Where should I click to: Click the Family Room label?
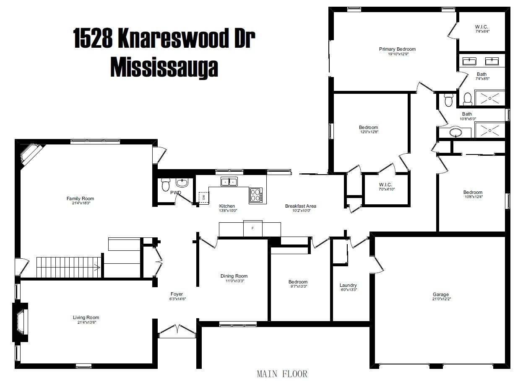tap(81, 198)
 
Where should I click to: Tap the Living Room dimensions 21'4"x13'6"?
tap(87, 322)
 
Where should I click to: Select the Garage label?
tap(440, 294)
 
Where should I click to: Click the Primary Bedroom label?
tap(397, 49)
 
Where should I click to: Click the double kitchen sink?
tap(229, 181)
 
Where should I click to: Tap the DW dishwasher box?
tap(203, 198)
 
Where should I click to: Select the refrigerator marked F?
tap(252, 228)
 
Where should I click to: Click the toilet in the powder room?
tap(166, 185)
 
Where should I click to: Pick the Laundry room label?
tap(348, 285)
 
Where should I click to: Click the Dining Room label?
tap(234, 276)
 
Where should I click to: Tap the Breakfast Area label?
tap(300, 206)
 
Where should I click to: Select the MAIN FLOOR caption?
tap(282, 374)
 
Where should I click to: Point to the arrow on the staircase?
tap(97, 267)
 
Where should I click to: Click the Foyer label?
tap(177, 294)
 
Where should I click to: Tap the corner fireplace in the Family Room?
tap(30, 154)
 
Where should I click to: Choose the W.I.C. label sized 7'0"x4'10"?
tap(385, 185)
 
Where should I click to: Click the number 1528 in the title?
tap(93, 38)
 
